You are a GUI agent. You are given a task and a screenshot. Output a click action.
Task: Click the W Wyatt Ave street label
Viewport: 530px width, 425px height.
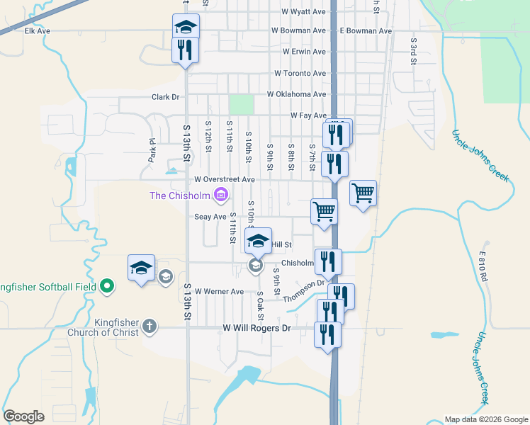click(303, 12)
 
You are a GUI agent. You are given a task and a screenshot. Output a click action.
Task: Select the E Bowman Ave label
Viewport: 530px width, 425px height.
click(366, 31)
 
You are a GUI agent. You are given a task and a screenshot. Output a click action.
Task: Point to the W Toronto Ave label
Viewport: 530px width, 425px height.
click(300, 73)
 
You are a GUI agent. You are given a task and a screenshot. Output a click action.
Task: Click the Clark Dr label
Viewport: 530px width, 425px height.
click(167, 97)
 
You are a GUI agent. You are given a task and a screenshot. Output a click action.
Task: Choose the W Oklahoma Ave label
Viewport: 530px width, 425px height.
click(296, 93)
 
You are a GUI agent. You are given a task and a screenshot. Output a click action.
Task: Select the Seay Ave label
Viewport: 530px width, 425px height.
click(210, 217)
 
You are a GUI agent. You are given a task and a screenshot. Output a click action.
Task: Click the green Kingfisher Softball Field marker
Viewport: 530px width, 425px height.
click(106, 286)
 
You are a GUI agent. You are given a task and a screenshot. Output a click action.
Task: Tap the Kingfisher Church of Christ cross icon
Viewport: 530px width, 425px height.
click(149, 326)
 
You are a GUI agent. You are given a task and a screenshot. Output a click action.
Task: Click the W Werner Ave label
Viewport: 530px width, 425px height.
click(219, 291)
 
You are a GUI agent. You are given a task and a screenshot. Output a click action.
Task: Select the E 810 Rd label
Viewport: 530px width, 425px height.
click(483, 266)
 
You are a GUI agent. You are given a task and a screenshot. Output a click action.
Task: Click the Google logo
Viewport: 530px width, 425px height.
click(24, 416)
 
